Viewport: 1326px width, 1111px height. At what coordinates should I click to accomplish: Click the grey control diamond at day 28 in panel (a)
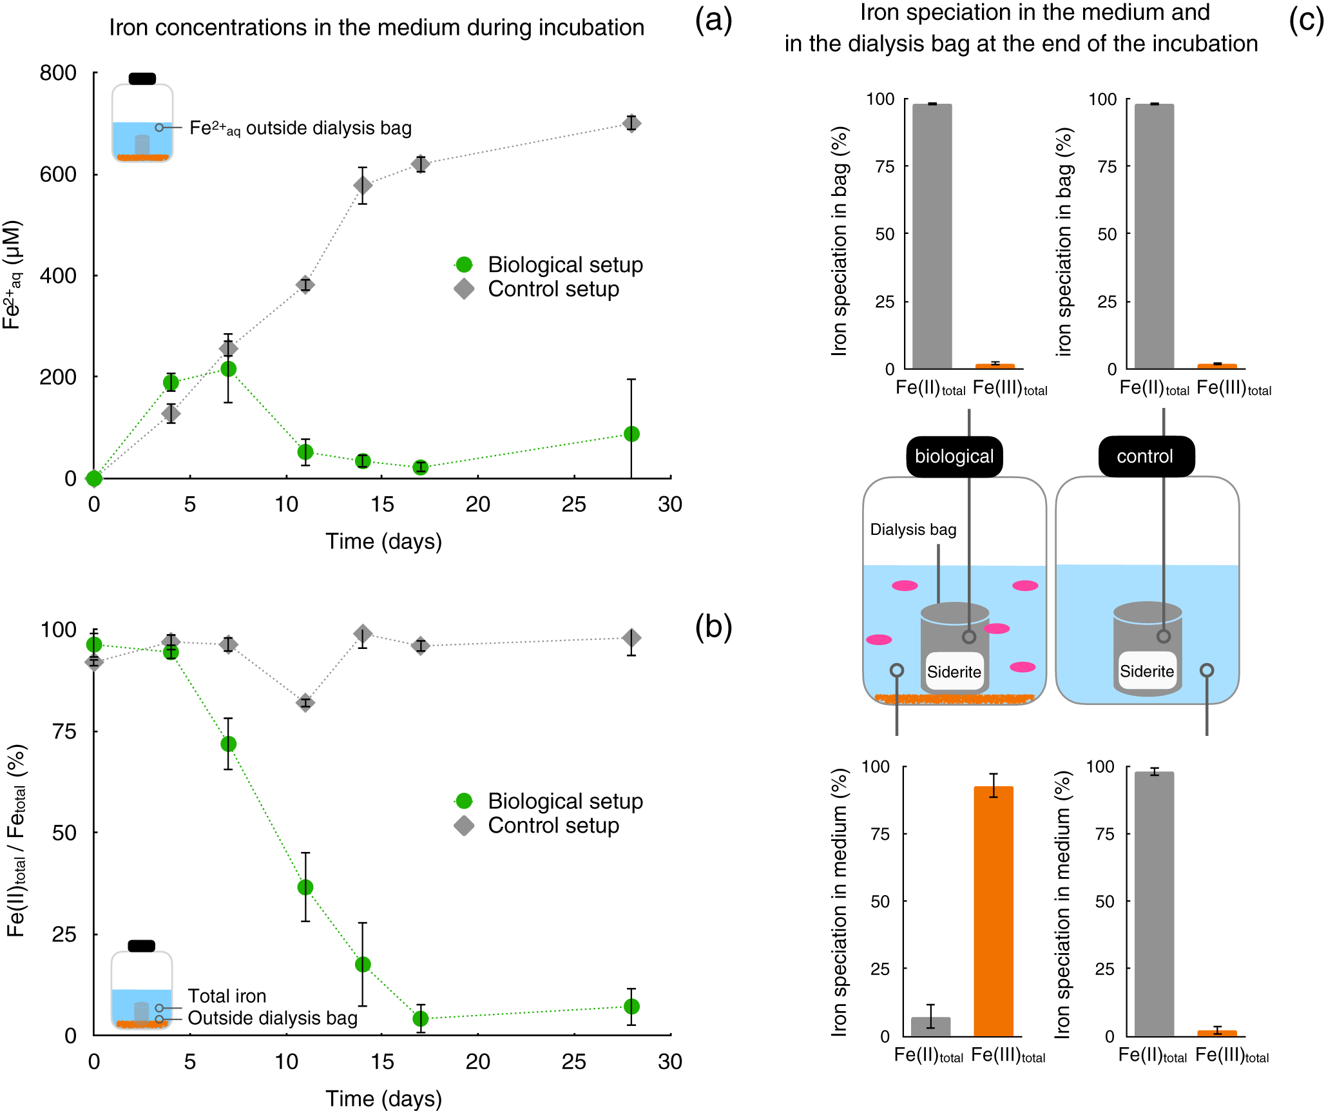(x=631, y=123)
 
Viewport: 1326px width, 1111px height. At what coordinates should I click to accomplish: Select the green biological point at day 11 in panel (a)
(x=305, y=452)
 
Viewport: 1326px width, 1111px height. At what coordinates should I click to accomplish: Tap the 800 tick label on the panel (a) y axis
(x=58, y=73)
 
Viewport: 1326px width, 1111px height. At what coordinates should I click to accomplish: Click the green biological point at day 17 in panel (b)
(x=420, y=1018)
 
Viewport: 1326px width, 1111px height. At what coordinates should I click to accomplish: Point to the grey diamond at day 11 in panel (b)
(x=305, y=703)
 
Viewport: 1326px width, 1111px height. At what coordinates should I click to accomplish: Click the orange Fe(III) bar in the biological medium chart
(x=994, y=911)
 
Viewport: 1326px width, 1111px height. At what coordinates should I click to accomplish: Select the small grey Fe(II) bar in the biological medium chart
(x=931, y=1027)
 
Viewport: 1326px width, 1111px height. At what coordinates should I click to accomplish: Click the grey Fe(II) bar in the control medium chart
(x=1154, y=904)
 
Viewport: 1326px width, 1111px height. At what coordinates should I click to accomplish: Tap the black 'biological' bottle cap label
(x=954, y=456)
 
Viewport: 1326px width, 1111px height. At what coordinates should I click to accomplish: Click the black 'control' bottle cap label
(x=1146, y=456)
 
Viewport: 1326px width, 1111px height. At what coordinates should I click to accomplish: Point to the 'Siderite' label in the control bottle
(x=1147, y=671)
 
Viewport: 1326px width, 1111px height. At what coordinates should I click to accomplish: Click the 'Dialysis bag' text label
(x=913, y=530)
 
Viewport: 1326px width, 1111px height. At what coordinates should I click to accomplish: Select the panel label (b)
(x=713, y=626)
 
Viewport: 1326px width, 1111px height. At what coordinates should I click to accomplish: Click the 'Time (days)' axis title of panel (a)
(x=383, y=541)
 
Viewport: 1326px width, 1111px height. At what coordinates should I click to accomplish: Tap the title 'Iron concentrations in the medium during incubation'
(x=376, y=28)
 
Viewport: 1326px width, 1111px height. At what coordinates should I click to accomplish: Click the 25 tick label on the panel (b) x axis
(x=573, y=1061)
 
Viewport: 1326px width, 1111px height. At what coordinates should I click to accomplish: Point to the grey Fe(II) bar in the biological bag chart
(x=932, y=237)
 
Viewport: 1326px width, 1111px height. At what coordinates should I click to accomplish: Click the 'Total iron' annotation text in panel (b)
(x=227, y=996)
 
